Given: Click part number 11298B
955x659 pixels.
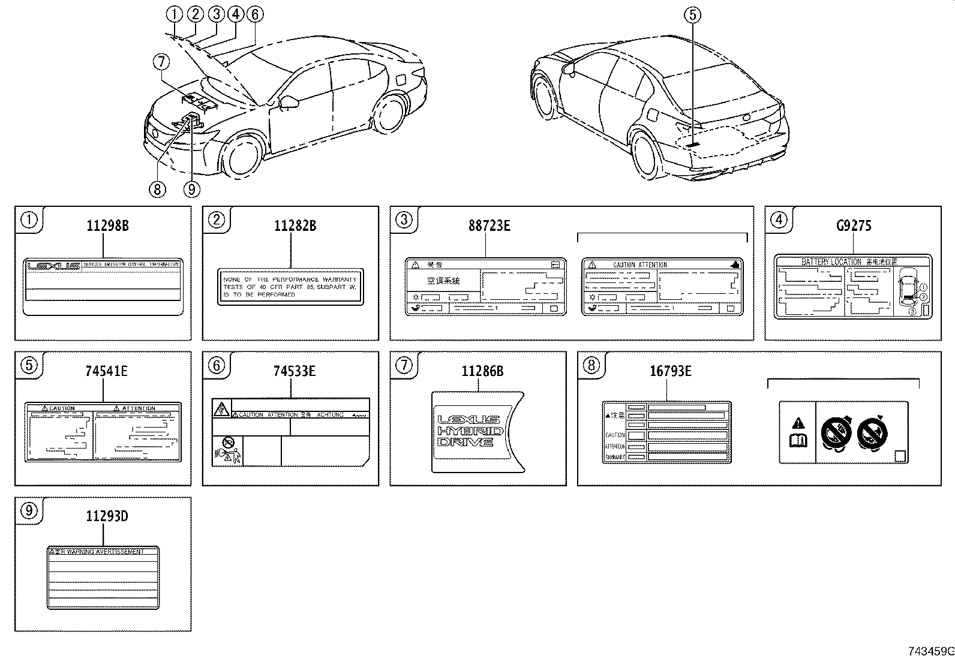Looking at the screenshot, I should tap(107, 226).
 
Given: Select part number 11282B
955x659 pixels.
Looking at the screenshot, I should tap(295, 226).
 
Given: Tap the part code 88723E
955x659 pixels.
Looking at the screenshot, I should tap(489, 226).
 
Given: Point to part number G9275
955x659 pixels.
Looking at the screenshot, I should tap(854, 226).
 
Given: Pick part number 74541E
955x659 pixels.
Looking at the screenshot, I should tap(107, 371).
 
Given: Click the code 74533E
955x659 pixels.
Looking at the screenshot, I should tap(295, 371).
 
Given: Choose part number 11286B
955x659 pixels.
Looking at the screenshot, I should tap(482, 371).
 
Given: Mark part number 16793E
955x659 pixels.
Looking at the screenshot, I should tap(670, 371).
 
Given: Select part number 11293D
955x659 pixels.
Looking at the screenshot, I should tap(107, 516).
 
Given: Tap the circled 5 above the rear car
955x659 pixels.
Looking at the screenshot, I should tap(692, 14).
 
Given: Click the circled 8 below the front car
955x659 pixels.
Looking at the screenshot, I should tap(157, 189).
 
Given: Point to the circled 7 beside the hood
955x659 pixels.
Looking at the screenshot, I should tap(160, 61).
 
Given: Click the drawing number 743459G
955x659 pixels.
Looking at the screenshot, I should tap(929, 651).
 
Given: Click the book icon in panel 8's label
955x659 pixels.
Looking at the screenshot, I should tap(798, 441).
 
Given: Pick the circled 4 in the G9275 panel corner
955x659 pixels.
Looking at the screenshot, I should tap(779, 220).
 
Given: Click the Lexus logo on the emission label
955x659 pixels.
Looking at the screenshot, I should tap(55, 265).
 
